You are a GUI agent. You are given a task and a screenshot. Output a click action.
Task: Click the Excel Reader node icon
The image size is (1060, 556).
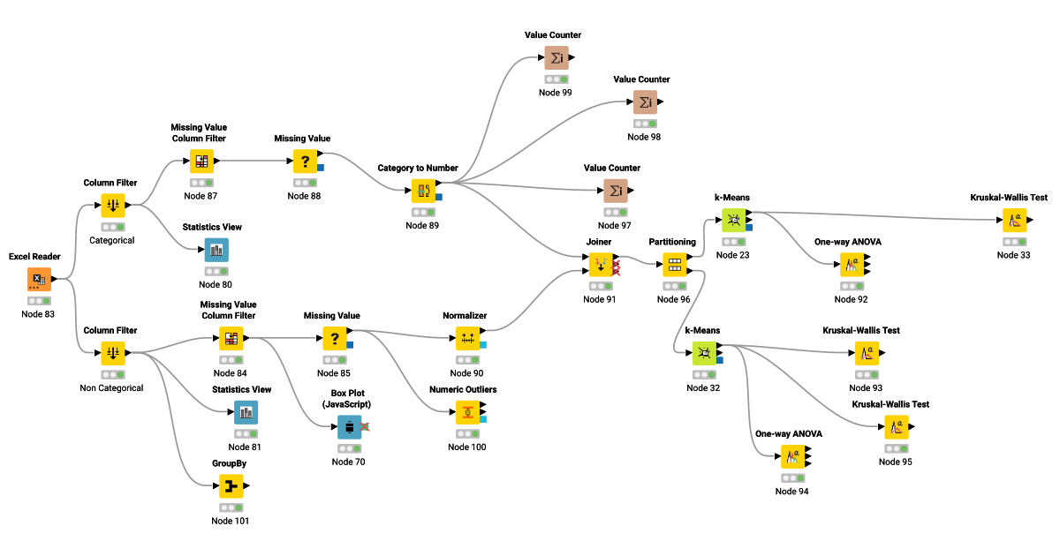point(39,280)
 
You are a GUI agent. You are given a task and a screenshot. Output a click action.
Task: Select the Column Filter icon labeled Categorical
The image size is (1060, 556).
point(112,206)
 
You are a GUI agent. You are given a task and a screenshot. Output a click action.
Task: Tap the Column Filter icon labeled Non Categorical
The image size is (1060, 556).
point(112,353)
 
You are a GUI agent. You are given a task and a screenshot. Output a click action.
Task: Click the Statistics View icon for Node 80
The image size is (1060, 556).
point(216,251)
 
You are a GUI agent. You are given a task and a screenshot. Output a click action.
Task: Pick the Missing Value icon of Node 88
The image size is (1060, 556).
point(305,162)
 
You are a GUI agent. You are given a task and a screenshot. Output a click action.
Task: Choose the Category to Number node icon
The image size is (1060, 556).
point(422,191)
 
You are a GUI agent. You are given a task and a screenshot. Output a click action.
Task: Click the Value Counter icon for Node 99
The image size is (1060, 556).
point(556,58)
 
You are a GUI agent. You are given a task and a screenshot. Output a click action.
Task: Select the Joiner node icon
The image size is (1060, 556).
point(601,264)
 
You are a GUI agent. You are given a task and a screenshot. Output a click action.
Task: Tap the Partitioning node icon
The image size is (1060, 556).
point(674,264)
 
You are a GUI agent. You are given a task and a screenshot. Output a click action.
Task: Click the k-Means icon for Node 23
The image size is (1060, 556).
point(733,220)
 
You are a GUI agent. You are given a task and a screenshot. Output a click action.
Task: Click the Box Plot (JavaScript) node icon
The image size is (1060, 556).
point(349,427)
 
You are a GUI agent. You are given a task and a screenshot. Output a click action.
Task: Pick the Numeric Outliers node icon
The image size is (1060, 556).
point(467,412)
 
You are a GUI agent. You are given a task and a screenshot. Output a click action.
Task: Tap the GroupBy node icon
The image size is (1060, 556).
point(231,486)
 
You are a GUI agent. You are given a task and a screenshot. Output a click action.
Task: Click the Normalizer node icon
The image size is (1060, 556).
point(467,338)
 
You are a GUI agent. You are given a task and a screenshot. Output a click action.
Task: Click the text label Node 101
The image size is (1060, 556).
point(231,521)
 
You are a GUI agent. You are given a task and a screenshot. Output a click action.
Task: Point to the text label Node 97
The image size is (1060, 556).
point(615,226)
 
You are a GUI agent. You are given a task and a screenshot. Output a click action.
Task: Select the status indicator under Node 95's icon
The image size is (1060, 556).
point(896,448)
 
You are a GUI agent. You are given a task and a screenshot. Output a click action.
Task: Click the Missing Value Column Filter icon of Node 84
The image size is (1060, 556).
point(231,338)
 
